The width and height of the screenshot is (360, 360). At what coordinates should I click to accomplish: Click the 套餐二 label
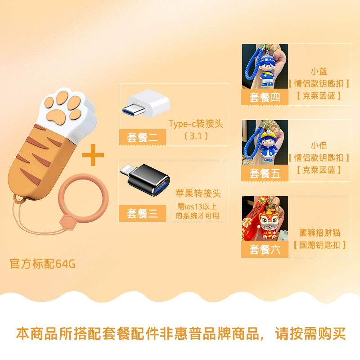pyautogui.click(x=142, y=137)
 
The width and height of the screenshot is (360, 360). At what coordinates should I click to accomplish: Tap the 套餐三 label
pyautogui.click(x=142, y=213)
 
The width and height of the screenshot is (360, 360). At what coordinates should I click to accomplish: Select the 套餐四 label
pyautogui.click(x=265, y=97)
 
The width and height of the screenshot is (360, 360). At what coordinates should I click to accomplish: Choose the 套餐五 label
pyautogui.click(x=265, y=173)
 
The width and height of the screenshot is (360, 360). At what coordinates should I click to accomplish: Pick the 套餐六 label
pyautogui.click(x=265, y=249)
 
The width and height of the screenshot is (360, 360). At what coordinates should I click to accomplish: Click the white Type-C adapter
pyautogui.click(x=146, y=103)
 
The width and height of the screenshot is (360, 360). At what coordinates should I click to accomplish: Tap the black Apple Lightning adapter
pyautogui.click(x=145, y=180)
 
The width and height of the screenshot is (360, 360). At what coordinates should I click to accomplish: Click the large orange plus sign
pyautogui.click(x=93, y=155)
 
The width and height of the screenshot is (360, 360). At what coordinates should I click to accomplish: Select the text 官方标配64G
pyautogui.click(x=42, y=264)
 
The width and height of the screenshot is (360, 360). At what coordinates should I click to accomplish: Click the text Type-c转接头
pyautogui.click(x=196, y=124)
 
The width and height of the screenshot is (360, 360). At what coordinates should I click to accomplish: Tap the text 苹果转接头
pyautogui.click(x=198, y=193)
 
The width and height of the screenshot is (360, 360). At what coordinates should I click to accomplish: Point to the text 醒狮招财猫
pyautogui.click(x=319, y=233)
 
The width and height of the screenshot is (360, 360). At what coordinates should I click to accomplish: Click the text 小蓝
pyautogui.click(x=319, y=71)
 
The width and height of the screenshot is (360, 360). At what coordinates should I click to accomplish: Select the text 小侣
pyautogui.click(x=319, y=145)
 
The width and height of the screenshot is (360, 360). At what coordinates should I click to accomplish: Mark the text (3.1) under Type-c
pyautogui.click(x=196, y=136)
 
